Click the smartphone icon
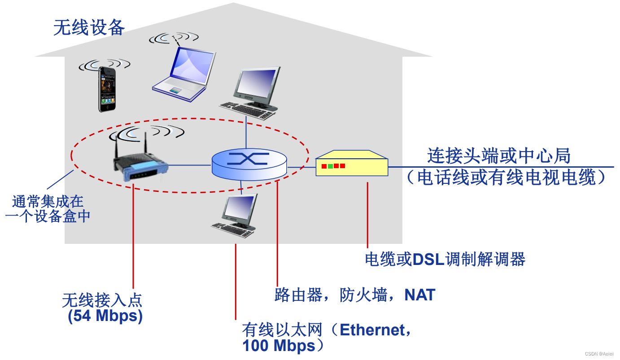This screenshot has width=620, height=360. [106, 89]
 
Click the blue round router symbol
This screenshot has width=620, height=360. [249, 164]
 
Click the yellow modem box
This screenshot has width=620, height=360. [352, 164]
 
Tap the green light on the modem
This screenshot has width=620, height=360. [330, 166]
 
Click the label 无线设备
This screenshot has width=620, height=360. [89, 28]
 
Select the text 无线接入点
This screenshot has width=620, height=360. [102, 300]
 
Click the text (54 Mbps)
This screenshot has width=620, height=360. [105, 316]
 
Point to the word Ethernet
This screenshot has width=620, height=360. [372, 330]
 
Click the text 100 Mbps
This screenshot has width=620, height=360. [279, 346]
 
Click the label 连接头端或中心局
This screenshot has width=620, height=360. [498, 156]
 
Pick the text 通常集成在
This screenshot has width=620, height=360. [48, 201]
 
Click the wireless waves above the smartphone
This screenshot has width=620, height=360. [104, 65]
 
